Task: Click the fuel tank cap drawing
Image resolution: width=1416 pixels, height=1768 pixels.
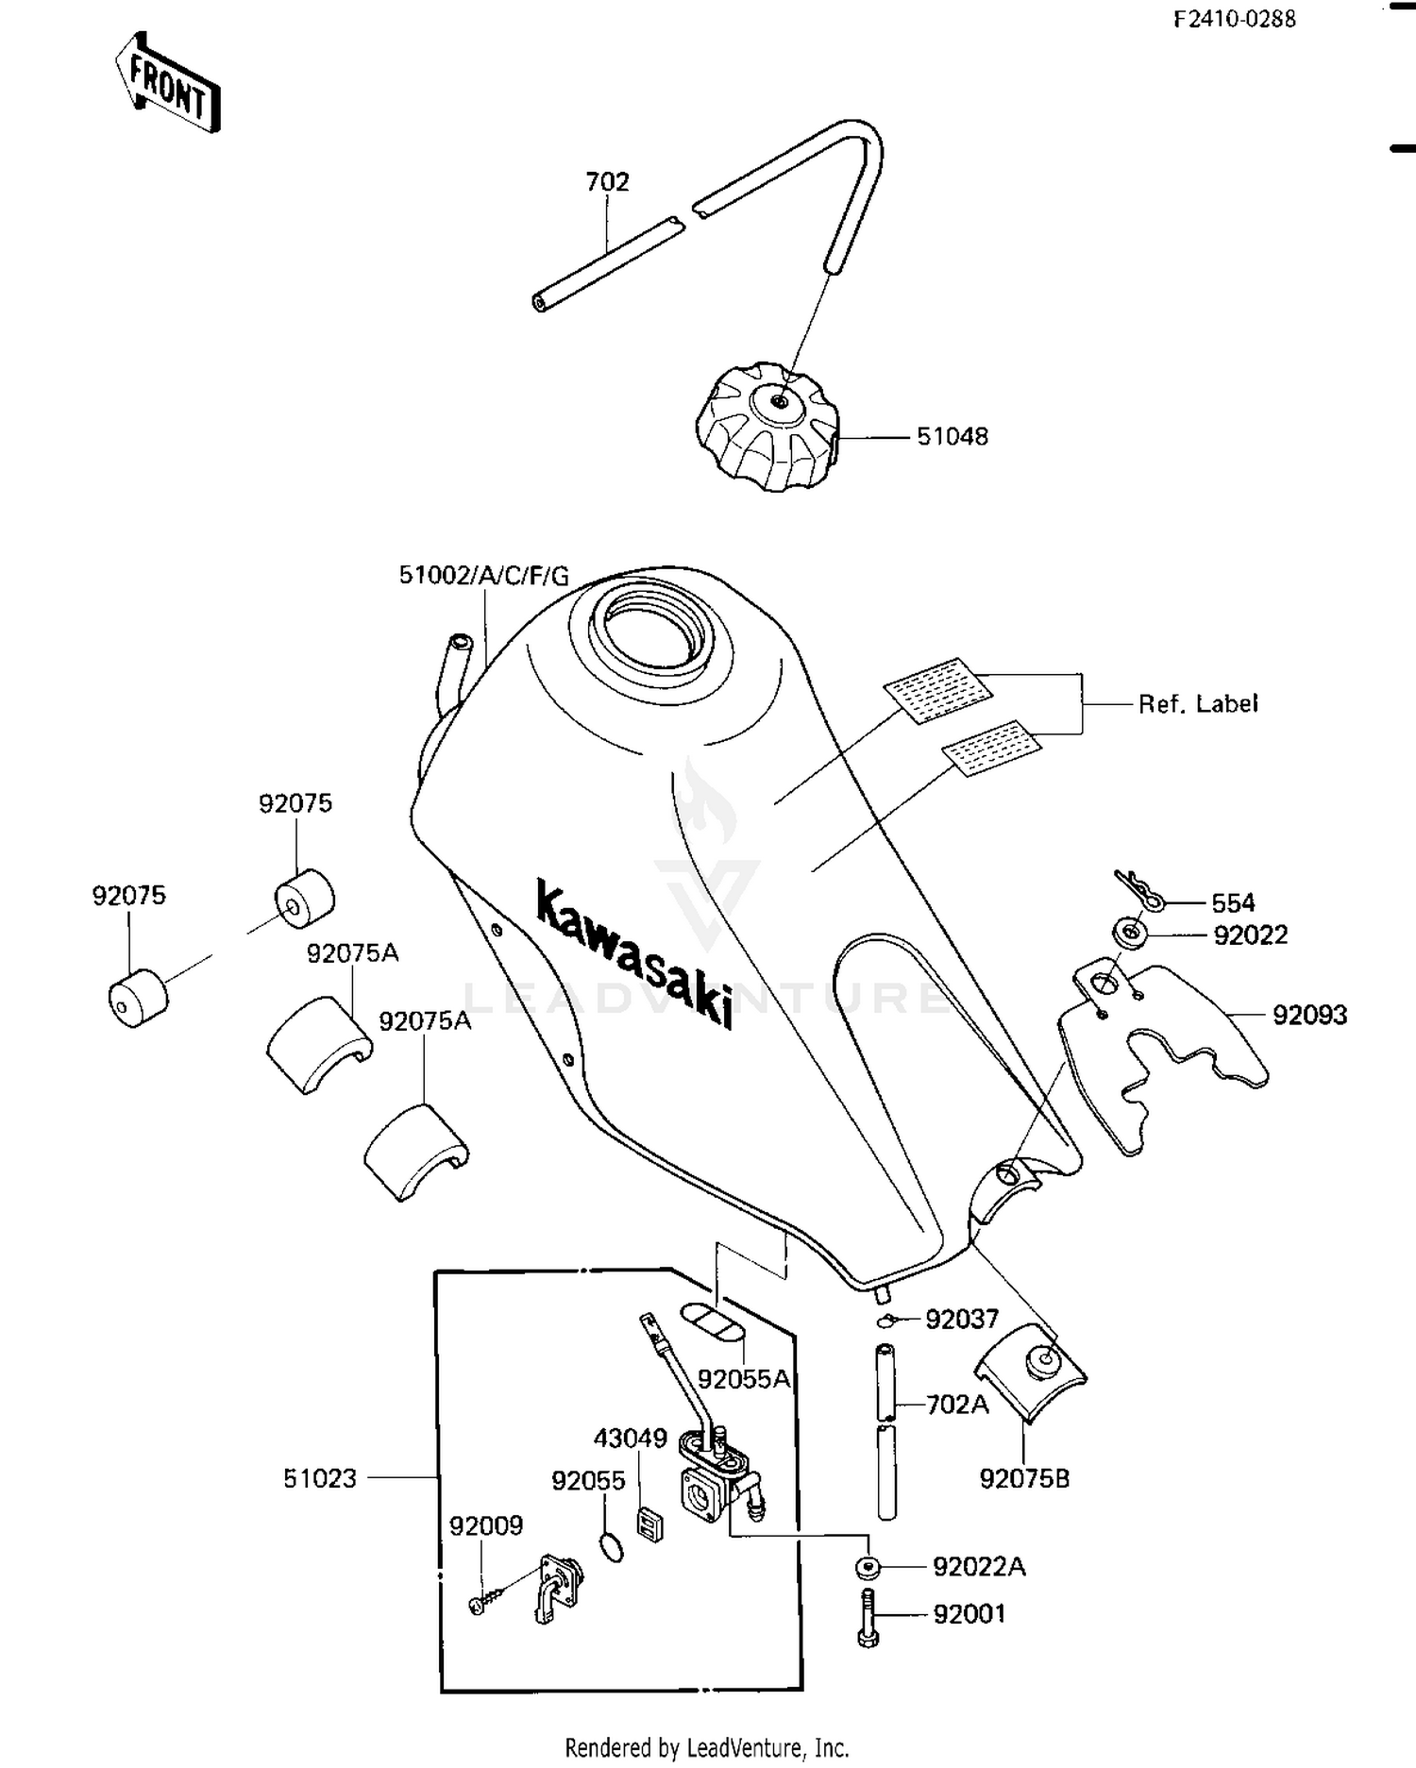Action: point(767,428)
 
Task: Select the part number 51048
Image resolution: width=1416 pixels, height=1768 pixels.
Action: point(952,437)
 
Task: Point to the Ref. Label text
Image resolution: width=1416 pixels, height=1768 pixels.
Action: point(1197,704)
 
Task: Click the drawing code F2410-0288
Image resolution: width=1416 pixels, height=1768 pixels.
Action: point(1235,19)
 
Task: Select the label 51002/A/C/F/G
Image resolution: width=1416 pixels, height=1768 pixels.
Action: point(483,576)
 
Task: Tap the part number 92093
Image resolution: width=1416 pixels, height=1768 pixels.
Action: point(1308,1016)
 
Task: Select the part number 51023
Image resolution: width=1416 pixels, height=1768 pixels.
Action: point(320,1478)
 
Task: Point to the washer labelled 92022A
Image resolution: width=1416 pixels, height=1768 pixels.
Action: point(867,1568)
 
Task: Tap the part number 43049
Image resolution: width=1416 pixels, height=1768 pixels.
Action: point(630,1439)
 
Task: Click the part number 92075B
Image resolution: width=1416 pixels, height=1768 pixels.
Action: point(1024,1479)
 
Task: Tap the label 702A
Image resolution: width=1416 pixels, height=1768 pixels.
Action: point(956,1406)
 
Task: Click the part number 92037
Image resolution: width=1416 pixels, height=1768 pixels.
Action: point(961,1320)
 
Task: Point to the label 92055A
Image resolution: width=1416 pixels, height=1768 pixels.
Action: point(743,1380)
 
